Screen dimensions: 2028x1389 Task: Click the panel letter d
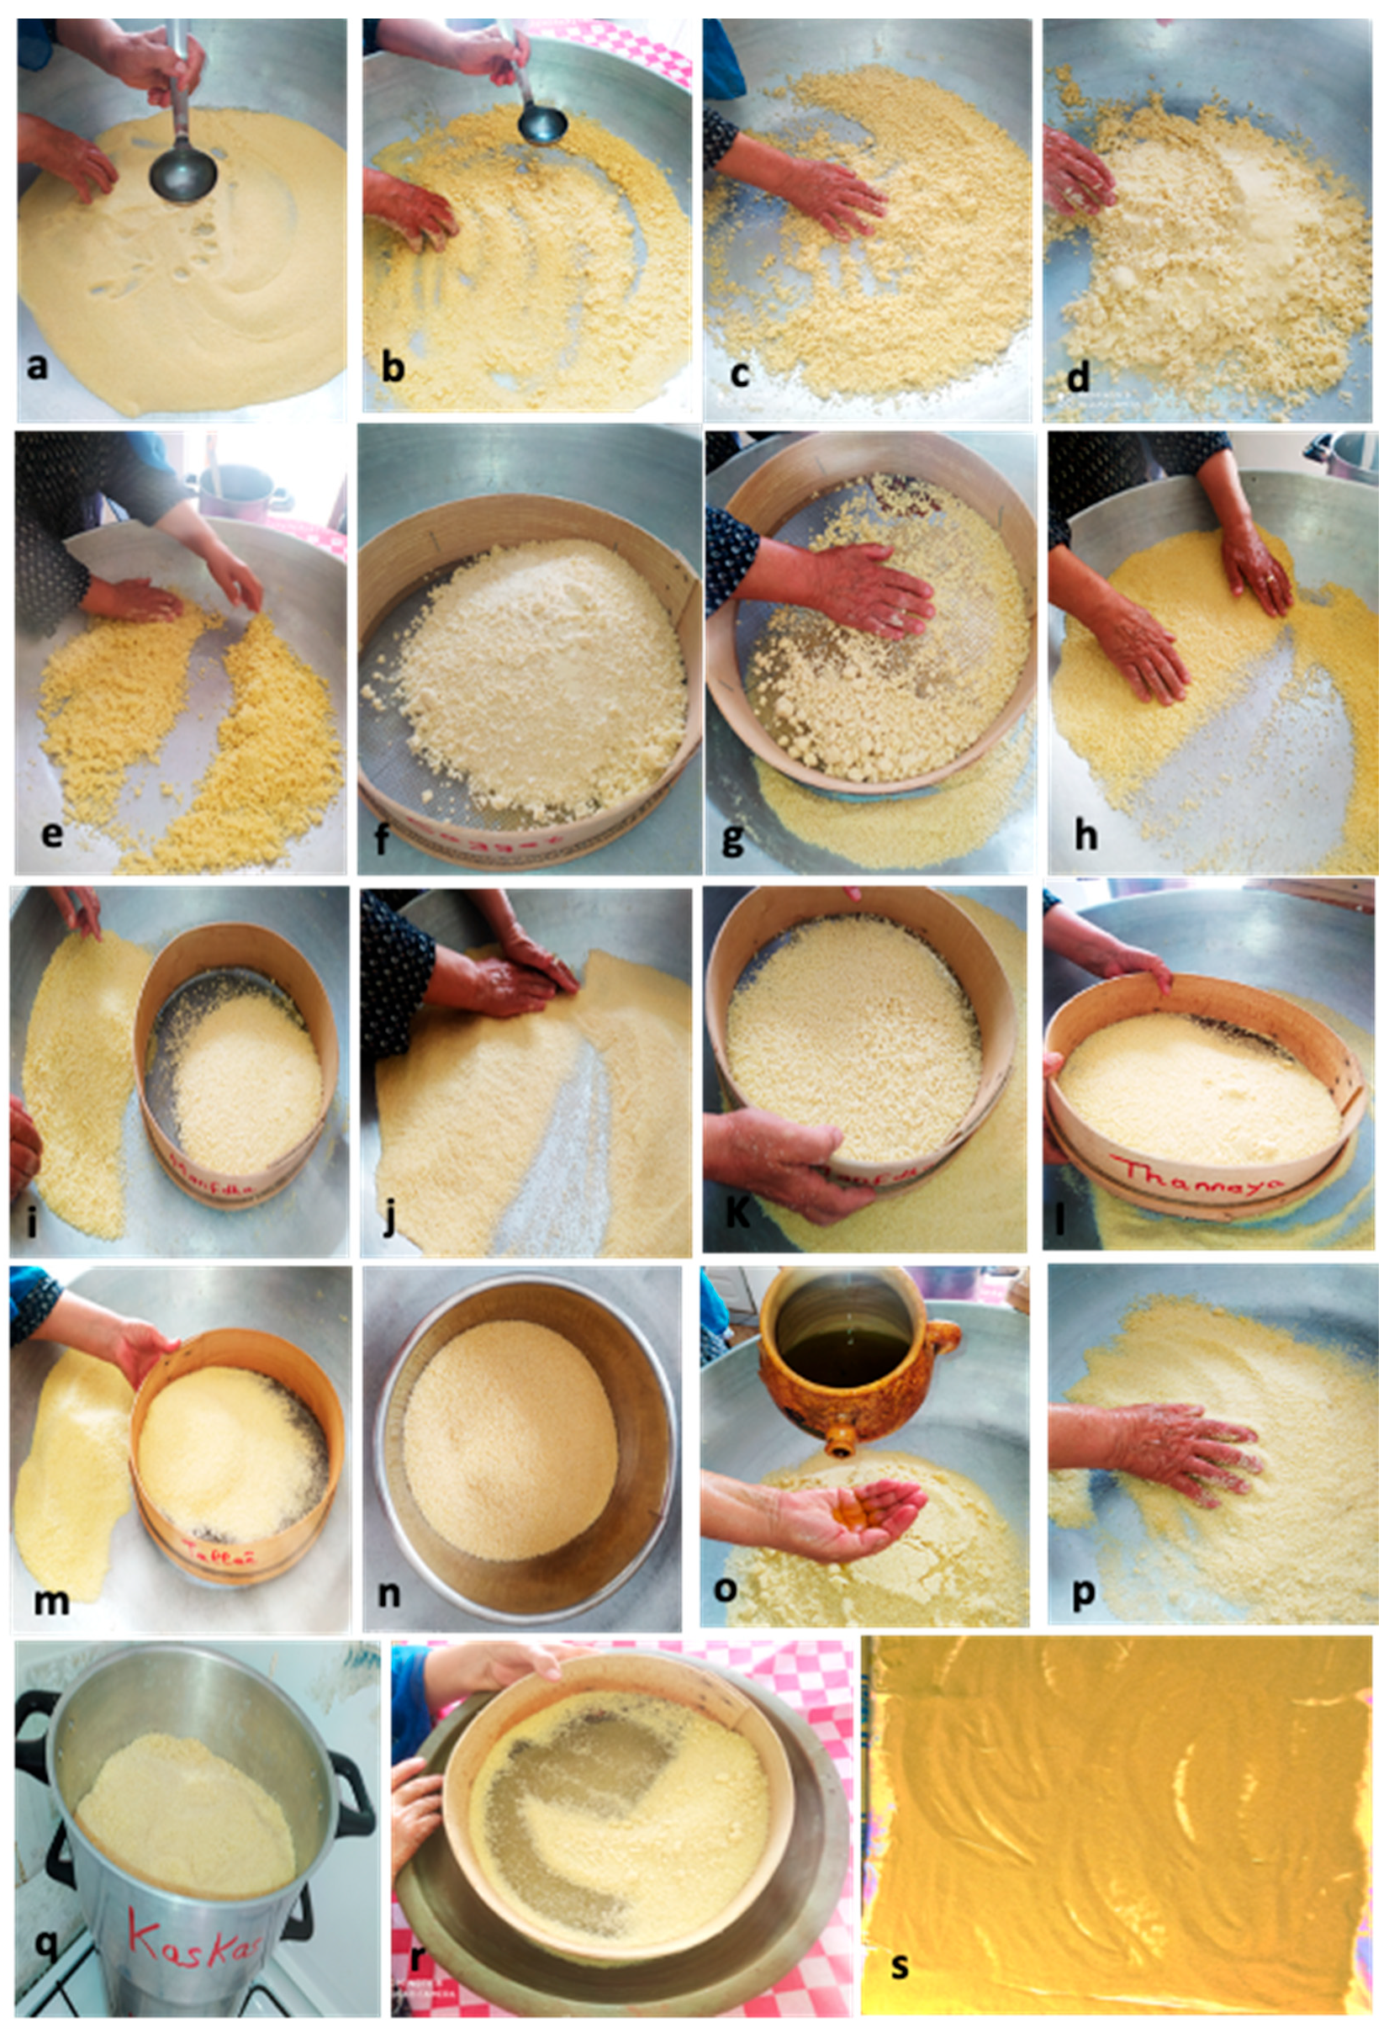tap(1079, 378)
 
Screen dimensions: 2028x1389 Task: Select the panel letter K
tap(737, 1214)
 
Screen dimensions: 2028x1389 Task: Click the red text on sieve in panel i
tap(209, 1185)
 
